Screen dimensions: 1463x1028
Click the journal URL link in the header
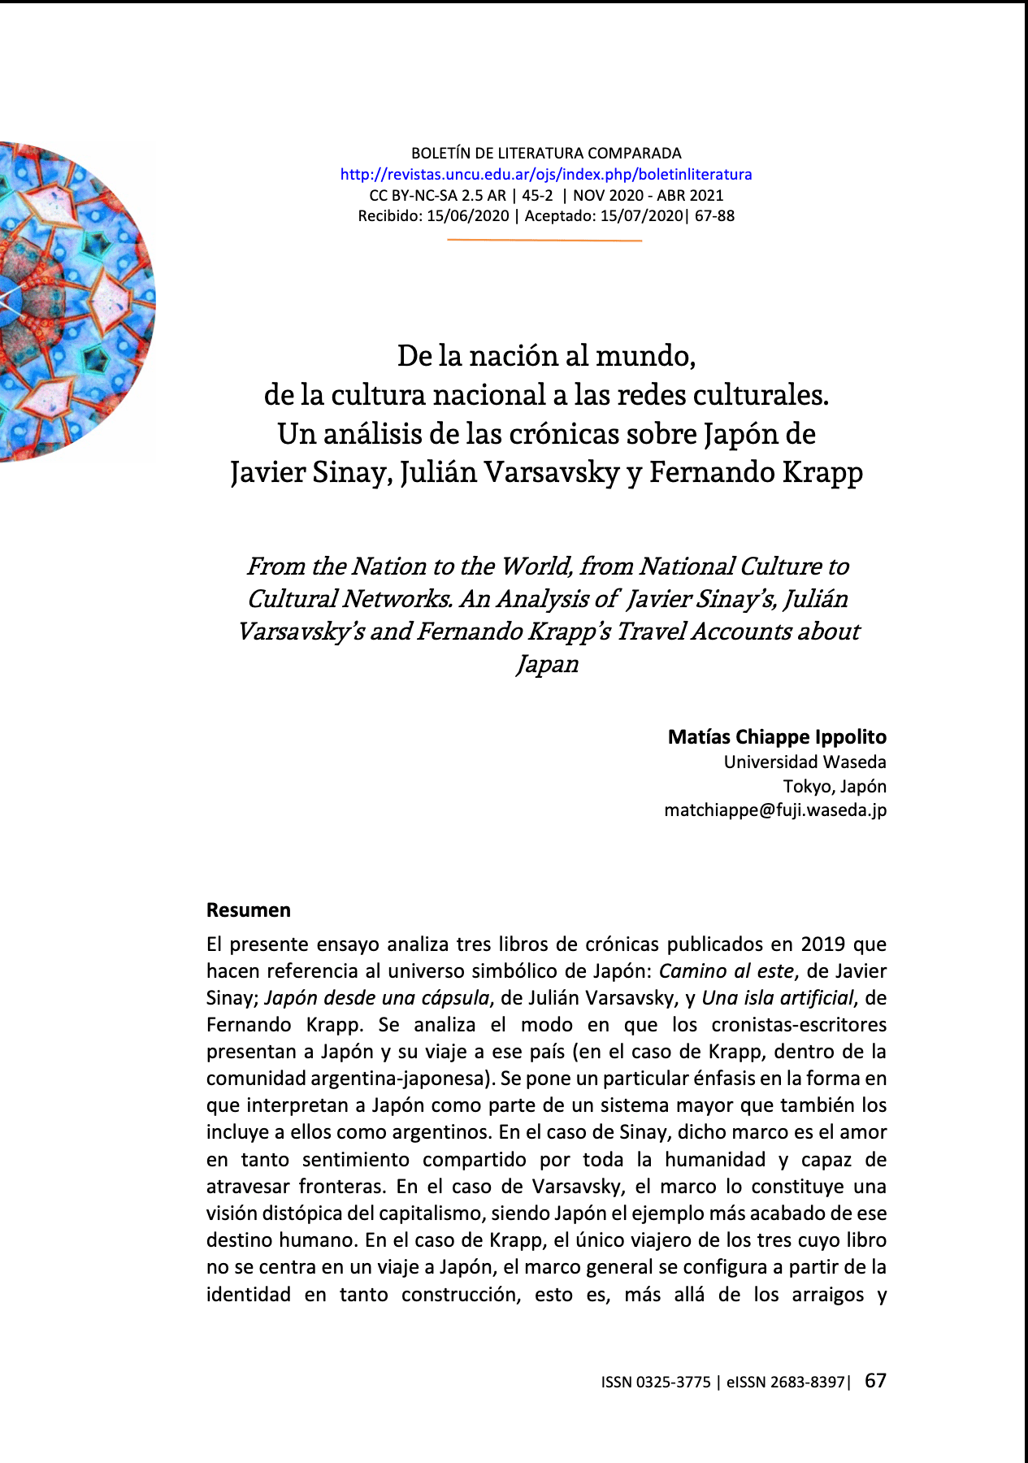point(545,174)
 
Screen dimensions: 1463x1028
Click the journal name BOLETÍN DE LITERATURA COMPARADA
point(546,153)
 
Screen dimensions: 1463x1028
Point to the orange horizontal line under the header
point(544,241)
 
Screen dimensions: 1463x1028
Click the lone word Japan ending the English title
point(548,664)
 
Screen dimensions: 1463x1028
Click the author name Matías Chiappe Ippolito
point(776,737)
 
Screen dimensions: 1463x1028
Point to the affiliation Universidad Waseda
point(805,762)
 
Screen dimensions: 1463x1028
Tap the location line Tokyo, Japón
point(835,787)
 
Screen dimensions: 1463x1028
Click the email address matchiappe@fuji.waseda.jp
point(775,810)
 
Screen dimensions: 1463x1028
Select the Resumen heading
point(248,910)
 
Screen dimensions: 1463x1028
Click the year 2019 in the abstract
point(823,944)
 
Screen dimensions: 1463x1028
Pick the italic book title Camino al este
point(726,971)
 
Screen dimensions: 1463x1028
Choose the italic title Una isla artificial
point(778,998)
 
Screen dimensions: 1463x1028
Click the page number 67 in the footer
point(875,1381)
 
